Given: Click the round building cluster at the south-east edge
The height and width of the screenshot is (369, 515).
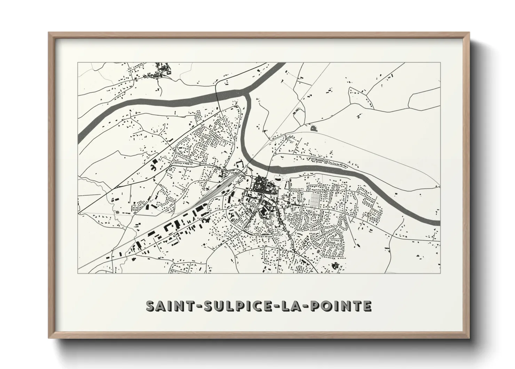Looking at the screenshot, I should [x=336, y=266].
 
